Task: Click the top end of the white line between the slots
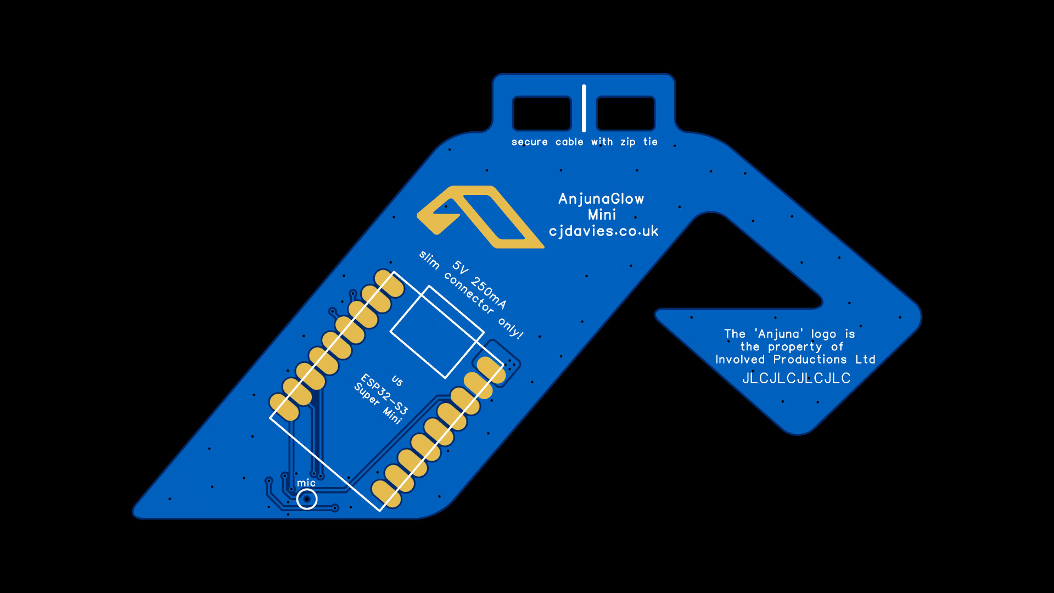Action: [584, 86]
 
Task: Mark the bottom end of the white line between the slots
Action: [584, 130]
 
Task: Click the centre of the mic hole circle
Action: [306, 499]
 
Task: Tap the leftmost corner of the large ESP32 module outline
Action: [270, 418]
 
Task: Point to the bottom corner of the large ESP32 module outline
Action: [380, 511]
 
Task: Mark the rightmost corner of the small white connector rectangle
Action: [484, 332]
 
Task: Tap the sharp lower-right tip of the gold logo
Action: [543, 247]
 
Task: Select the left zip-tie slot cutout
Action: [542, 113]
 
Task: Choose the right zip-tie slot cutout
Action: [626, 113]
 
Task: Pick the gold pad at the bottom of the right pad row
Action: [386, 494]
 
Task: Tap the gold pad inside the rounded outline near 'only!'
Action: [491, 370]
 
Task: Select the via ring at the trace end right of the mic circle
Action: [335, 508]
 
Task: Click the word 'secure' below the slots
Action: [530, 142]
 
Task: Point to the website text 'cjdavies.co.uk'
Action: [603, 231]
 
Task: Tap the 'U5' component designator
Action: [397, 381]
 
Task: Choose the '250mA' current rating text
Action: [488, 292]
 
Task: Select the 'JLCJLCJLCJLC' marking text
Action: [796, 378]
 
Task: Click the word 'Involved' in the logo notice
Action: [740, 360]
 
